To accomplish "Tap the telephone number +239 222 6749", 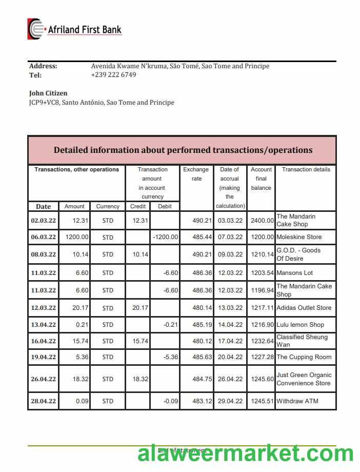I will point(113,75).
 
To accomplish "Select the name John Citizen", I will point(48,93).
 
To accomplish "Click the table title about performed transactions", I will point(183,150).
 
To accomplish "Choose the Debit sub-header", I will point(165,206).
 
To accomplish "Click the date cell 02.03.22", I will point(44,221).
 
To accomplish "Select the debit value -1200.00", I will point(165,238).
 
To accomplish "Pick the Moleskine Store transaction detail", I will point(299,238).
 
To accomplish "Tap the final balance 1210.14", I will point(262,254).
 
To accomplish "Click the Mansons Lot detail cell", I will point(294,273).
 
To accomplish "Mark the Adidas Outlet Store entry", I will point(304,308).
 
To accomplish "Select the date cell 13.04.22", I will point(44,325).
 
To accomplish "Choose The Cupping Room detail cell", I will point(304,357).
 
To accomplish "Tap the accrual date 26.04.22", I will point(230,379).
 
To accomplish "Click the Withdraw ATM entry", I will point(297,401).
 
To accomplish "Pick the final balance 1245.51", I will point(262,401).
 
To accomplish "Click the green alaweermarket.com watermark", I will point(245,454).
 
